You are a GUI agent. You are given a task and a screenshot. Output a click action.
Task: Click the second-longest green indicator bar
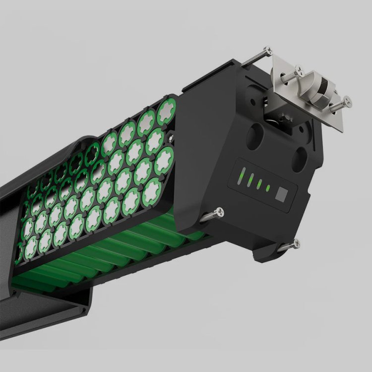tap(250, 180)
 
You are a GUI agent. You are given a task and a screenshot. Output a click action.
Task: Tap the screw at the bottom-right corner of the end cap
tap(296, 243)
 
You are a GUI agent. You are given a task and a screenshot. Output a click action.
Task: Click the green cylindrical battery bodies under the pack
tap(99, 258)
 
